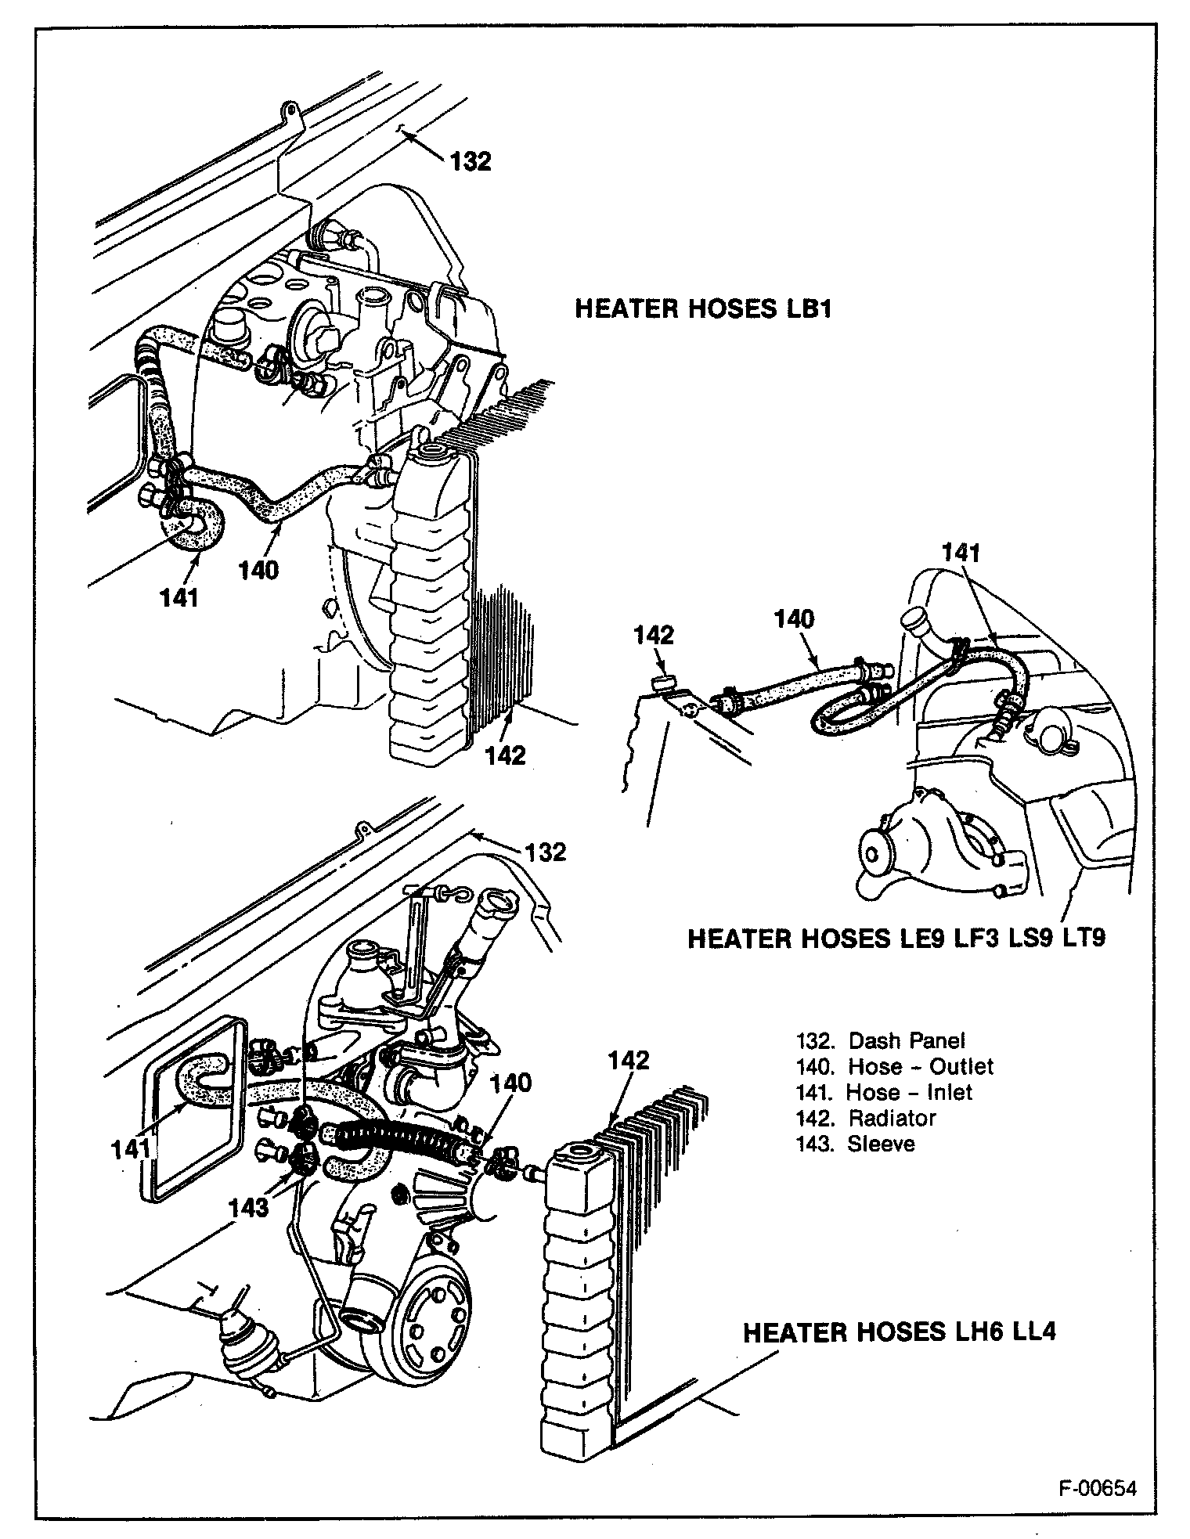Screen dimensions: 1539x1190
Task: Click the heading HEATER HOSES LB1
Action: (x=702, y=308)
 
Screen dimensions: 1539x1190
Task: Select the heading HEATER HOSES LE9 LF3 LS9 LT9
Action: (x=896, y=938)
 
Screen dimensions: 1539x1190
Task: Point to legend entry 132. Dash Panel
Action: (x=880, y=1040)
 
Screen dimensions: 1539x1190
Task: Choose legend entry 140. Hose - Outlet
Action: (x=894, y=1066)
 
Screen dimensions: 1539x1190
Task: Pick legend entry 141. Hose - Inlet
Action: (x=884, y=1092)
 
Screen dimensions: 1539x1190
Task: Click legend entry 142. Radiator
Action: (x=866, y=1118)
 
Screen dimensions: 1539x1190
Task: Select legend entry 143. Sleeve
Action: (x=855, y=1144)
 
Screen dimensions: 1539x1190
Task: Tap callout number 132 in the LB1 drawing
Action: (x=471, y=161)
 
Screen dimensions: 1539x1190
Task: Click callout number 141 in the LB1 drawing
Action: (x=179, y=597)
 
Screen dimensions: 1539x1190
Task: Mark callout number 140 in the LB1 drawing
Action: (x=258, y=570)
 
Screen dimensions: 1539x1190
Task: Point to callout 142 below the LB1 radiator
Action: (x=505, y=755)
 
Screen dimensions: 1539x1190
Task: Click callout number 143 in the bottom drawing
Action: (x=248, y=1207)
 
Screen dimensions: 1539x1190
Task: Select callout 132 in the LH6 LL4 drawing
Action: (x=546, y=852)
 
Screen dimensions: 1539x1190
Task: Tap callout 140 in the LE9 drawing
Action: (x=794, y=619)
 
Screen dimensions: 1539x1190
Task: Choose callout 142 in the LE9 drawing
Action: (x=654, y=635)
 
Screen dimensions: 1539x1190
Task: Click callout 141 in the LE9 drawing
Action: (x=961, y=553)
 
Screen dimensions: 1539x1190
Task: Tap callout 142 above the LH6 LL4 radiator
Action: (x=629, y=1060)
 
